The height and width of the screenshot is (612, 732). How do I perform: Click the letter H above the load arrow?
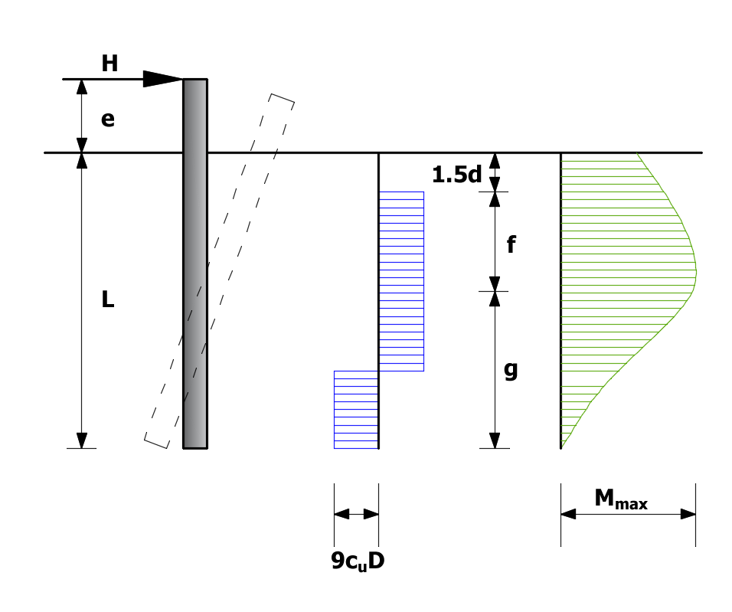click(109, 64)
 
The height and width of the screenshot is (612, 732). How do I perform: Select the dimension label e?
click(108, 119)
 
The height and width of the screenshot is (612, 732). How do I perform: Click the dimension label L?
click(108, 299)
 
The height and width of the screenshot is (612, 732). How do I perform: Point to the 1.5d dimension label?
click(456, 175)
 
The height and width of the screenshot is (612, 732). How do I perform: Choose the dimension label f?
click(511, 244)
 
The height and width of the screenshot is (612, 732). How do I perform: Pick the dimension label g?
click(511, 371)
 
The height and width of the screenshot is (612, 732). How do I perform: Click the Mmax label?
click(621, 499)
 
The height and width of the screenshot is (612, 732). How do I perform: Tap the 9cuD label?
click(358, 561)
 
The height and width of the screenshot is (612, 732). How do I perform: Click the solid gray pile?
click(195, 263)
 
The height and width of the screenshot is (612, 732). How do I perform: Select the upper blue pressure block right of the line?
click(401, 281)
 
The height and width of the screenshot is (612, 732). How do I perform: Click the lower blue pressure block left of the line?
click(356, 410)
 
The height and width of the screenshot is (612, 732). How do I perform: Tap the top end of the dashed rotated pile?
click(283, 97)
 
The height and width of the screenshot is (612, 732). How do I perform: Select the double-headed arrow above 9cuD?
click(356, 515)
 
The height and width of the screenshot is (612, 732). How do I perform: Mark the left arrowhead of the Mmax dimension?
click(568, 515)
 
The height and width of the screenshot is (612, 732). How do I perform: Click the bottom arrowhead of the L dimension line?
click(82, 440)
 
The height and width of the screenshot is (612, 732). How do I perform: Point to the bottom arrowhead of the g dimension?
click(495, 440)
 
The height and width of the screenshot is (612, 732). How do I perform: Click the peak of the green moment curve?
click(696, 271)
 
